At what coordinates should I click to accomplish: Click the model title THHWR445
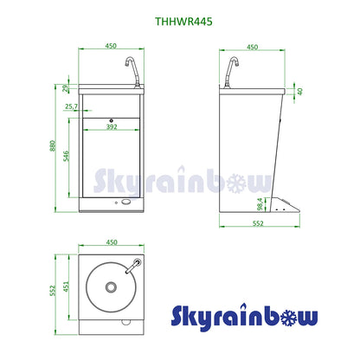coord(179,15)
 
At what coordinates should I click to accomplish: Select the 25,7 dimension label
coord(72,106)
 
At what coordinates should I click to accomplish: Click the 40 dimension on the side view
coord(301,91)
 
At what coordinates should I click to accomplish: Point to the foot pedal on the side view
coord(286,206)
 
